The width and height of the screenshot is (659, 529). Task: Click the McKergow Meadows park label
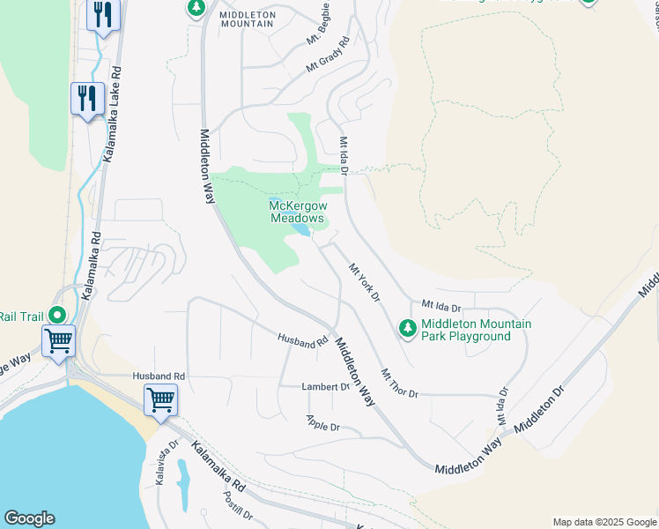pos(298,212)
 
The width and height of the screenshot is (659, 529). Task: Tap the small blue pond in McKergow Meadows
pos(300,230)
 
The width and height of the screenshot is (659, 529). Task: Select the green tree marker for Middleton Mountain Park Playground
pos(407,329)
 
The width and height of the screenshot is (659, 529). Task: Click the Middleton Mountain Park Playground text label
pos(476,330)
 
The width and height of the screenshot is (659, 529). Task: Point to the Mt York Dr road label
pos(363,283)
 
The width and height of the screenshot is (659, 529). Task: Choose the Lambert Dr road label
pos(326,387)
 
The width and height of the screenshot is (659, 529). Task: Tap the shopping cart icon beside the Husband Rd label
pos(160,399)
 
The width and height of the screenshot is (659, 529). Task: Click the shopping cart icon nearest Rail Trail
pos(59,340)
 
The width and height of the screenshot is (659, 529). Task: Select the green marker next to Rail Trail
pos(57,315)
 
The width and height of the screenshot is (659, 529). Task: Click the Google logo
pos(29,518)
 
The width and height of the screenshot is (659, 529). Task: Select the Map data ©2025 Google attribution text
pos(603,522)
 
